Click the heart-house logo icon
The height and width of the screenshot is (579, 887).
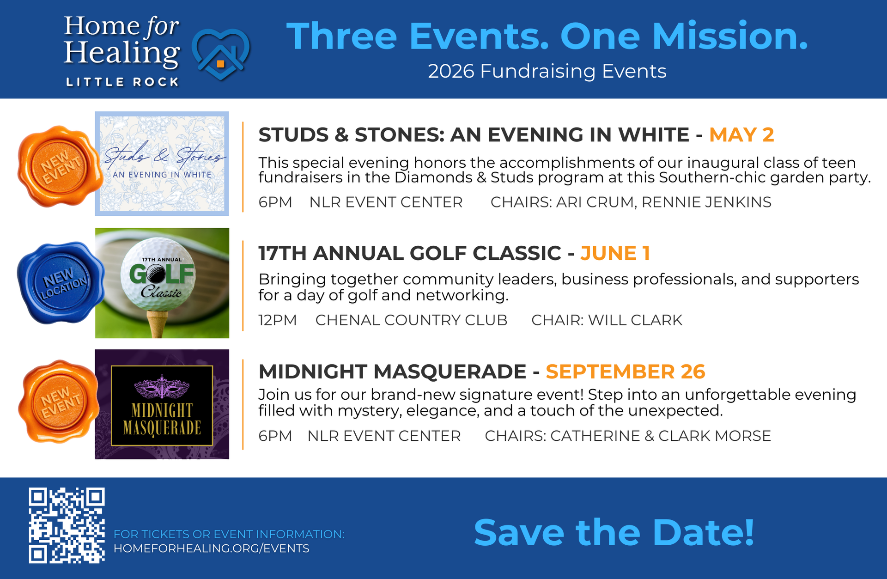(x=221, y=54)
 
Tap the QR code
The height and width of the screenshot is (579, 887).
(x=67, y=525)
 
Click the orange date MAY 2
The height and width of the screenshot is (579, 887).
(x=741, y=135)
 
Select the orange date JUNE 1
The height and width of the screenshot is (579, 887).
(x=615, y=253)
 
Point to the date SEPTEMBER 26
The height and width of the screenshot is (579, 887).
(x=626, y=372)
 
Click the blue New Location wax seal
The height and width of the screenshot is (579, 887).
(x=60, y=282)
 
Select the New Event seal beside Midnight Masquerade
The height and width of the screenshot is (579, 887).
(x=59, y=401)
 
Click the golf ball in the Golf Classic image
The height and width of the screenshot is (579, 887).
(x=158, y=275)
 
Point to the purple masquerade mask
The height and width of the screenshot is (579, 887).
(x=162, y=387)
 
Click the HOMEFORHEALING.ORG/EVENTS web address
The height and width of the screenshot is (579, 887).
(x=212, y=549)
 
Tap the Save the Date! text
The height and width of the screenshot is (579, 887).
(x=614, y=532)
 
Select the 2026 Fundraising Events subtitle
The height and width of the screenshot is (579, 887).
(x=547, y=71)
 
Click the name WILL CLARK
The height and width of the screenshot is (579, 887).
(x=635, y=320)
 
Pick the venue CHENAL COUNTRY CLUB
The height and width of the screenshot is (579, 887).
(x=411, y=320)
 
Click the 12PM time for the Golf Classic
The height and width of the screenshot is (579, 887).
(x=278, y=320)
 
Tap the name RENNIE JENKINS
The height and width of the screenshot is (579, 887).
(x=706, y=202)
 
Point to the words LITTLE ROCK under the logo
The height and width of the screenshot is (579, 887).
(x=122, y=82)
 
